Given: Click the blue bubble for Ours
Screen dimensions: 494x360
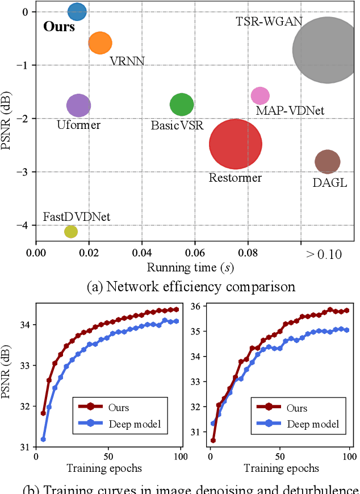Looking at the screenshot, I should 77,11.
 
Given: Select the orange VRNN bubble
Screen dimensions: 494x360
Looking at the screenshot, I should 101,43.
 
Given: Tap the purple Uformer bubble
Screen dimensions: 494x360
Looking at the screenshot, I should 79,104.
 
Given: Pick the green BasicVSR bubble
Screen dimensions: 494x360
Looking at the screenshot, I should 182,104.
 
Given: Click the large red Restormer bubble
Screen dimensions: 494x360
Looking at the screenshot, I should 236,144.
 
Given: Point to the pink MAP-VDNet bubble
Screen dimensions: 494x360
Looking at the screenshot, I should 260,96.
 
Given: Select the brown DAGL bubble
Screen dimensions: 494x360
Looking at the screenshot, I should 327,162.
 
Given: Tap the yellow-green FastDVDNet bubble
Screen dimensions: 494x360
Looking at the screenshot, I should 71,232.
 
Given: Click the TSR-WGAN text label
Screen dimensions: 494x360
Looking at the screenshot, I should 269,22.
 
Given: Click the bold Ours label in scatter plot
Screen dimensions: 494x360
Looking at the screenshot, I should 59,27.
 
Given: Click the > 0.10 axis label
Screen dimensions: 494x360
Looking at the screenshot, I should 324,254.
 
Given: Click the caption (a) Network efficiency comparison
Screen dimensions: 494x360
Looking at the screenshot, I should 191,286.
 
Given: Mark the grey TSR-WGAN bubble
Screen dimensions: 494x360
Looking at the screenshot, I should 326,50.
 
